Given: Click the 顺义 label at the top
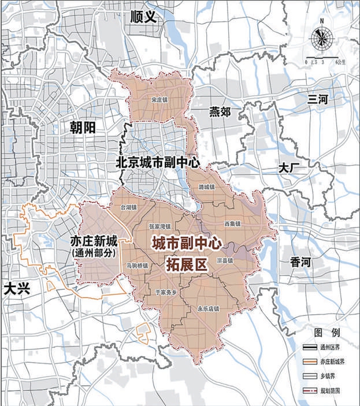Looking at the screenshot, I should [x=144, y=16].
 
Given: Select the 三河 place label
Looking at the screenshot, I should [x=318, y=99].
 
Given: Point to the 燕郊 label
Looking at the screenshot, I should [x=219, y=111].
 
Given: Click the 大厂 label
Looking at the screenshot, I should [x=288, y=168].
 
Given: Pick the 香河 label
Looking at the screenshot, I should [x=301, y=262].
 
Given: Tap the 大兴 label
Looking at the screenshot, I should [x=16, y=289].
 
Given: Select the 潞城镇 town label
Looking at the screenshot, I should [x=206, y=187].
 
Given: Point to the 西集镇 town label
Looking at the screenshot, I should [x=232, y=222].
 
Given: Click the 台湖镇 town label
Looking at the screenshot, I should [x=128, y=206].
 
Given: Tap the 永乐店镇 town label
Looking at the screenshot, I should [x=208, y=308].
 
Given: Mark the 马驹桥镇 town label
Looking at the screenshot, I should [x=137, y=266].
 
